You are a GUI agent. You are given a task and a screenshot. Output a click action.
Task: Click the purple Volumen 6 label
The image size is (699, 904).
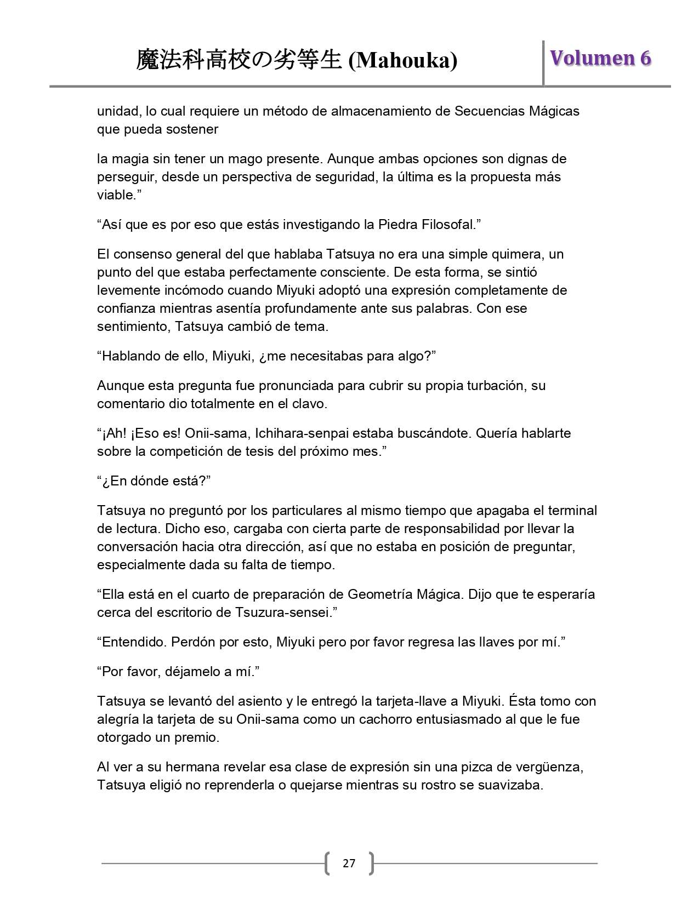pos(600,58)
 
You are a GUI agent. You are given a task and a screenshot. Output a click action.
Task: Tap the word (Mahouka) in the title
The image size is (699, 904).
pos(403,61)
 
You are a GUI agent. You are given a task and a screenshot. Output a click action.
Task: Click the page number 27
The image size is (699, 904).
pos(349,863)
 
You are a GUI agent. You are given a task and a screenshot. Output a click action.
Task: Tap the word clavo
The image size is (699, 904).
pos(310,404)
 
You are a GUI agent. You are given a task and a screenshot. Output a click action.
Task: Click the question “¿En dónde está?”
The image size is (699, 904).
pos(154,481)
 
